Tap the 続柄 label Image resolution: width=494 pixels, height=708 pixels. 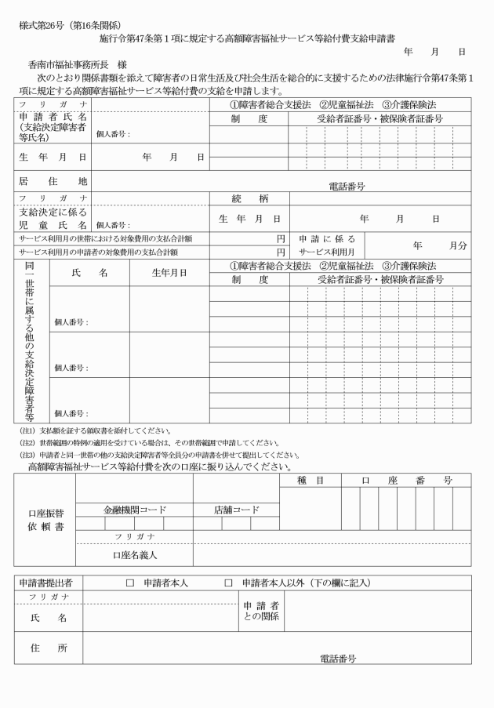pos(250,198)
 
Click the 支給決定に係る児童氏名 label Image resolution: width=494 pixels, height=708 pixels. pos(52,218)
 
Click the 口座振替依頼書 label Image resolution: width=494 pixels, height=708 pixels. pos(45,518)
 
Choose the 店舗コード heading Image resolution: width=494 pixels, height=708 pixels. pos(236,509)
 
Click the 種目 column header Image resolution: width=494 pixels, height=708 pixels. pos(311,480)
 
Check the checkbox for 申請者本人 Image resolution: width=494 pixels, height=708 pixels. pos(131,583)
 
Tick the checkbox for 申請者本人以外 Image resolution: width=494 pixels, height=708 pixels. pos(229,583)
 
